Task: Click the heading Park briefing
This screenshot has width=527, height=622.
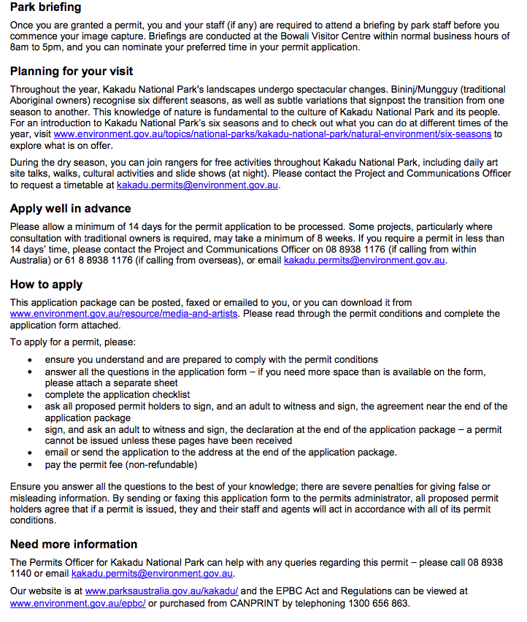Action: [46, 7]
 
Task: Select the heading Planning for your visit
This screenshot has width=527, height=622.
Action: [72, 72]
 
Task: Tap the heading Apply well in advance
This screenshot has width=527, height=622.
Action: [70, 209]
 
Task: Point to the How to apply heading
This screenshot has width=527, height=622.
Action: [46, 285]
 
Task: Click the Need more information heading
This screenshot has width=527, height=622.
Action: [74, 544]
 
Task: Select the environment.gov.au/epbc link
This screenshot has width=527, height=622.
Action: [78, 603]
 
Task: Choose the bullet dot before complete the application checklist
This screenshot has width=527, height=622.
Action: [30, 395]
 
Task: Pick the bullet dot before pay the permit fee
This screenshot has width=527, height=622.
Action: [30, 465]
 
